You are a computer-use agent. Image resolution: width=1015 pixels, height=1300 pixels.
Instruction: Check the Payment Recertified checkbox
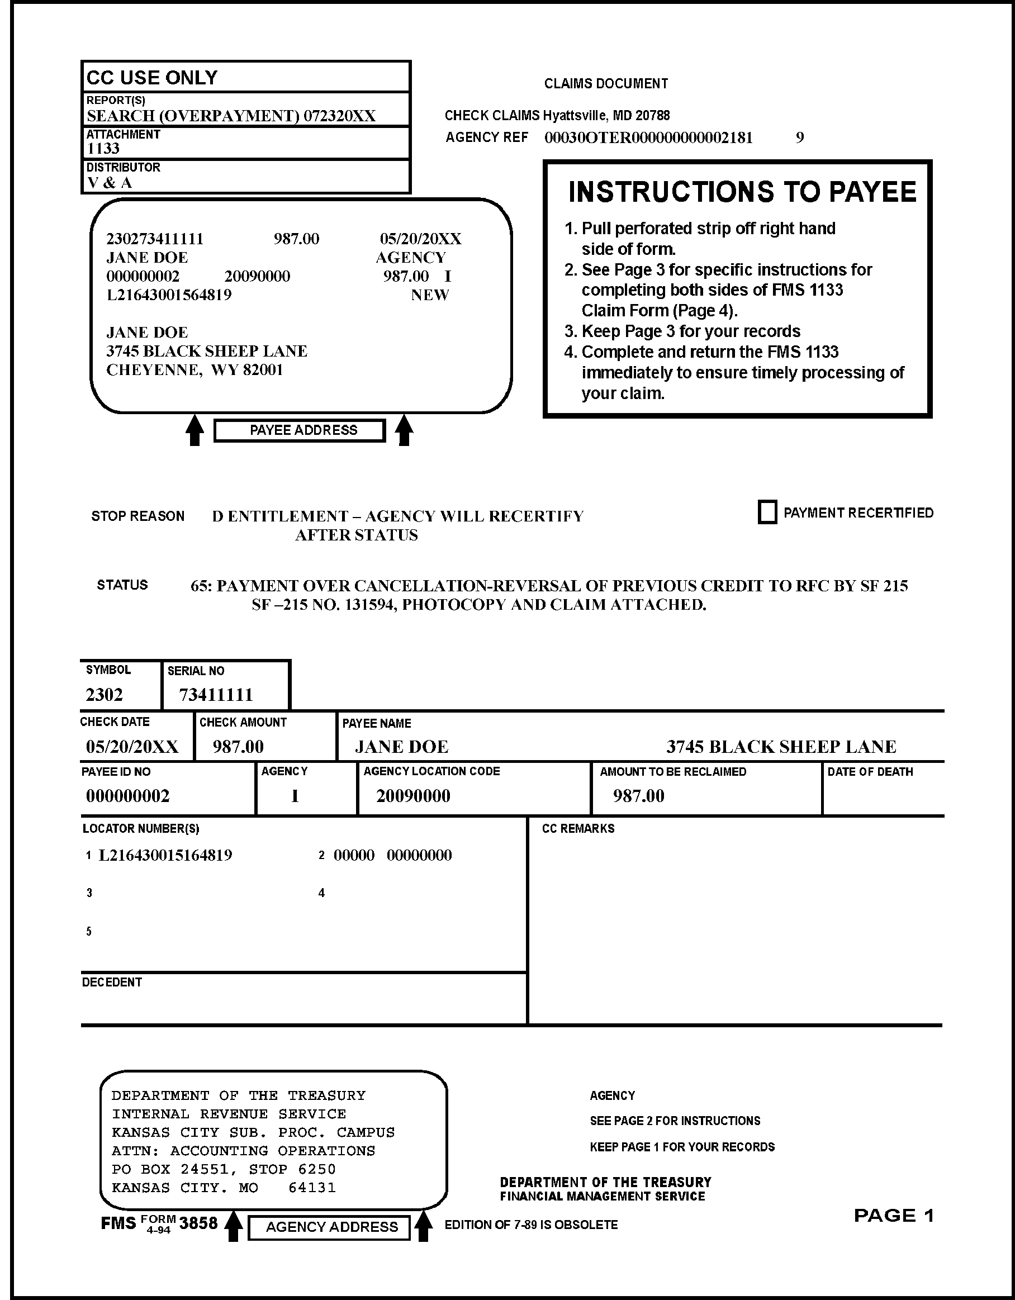767,513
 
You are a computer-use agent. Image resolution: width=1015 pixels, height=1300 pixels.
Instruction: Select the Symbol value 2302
104,695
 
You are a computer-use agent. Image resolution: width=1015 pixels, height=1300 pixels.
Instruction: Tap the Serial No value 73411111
216,695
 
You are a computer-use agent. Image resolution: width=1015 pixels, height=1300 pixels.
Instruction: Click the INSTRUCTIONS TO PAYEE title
742,192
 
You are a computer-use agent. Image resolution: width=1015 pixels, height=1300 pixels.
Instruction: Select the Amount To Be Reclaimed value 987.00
638,796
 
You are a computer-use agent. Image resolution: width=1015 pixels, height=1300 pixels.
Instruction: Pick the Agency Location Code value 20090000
413,796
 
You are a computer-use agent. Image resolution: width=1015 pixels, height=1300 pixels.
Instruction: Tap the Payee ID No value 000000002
128,796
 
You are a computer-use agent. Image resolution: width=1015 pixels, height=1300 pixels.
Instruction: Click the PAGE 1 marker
894,1216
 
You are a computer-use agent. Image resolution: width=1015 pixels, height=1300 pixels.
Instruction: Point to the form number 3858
198,1223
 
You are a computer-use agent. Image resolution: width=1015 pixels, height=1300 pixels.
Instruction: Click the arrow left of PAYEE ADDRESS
195,430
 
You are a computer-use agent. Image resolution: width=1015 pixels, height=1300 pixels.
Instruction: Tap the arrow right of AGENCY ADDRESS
423,1227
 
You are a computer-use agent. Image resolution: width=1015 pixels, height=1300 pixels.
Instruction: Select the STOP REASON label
137,516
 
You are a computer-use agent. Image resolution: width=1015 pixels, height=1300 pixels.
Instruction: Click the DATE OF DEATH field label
870,772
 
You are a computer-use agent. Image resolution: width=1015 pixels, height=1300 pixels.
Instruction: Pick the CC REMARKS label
578,829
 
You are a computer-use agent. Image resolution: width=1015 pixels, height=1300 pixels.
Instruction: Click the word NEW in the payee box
430,295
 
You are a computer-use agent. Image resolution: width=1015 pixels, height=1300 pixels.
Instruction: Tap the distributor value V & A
110,183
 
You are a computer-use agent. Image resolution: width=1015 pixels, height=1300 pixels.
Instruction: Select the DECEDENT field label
112,982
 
